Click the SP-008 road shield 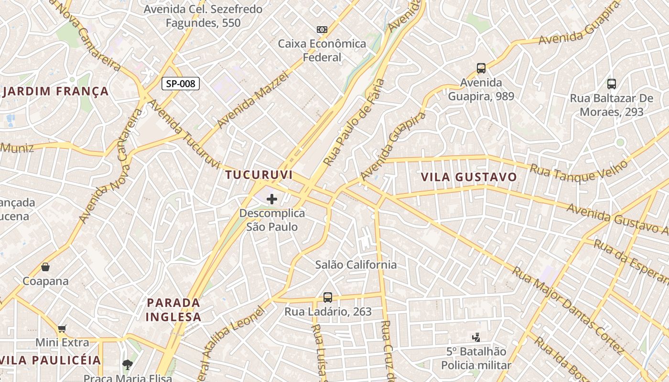tap(181, 84)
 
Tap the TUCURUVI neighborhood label tap(259, 175)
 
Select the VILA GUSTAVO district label tap(469, 177)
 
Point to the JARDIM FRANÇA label tap(55, 91)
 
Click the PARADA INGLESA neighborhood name tap(173, 309)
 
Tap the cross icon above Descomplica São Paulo tap(272, 199)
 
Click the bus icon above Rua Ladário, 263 tap(328, 297)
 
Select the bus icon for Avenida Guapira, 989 tap(481, 68)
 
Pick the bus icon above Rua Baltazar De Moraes tap(612, 84)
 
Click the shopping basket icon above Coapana tap(45, 266)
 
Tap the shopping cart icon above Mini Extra tap(62, 329)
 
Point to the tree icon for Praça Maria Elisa tap(127, 365)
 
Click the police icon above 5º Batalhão tap(476, 338)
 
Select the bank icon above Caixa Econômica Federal tap(322, 30)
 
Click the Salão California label tap(356, 265)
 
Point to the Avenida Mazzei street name tap(253, 100)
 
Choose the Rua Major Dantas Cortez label tap(568, 310)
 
